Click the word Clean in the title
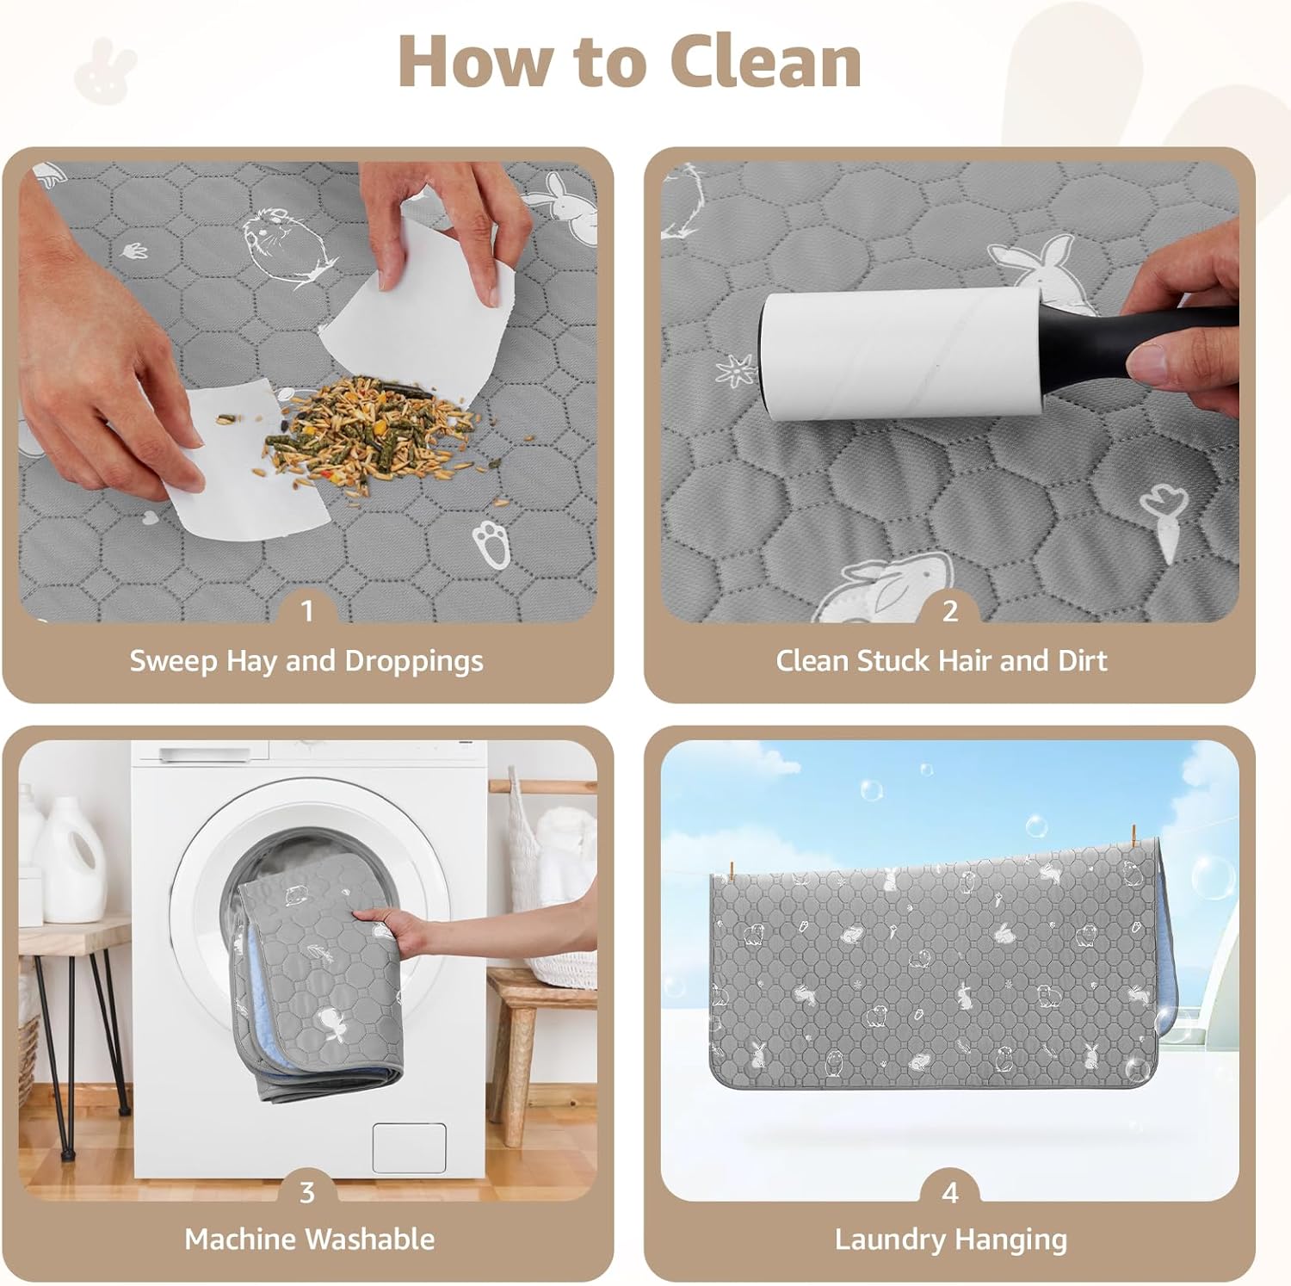(765, 62)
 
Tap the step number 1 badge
(307, 610)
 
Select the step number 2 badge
(950, 610)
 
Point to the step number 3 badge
(307, 1192)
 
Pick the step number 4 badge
(950, 1192)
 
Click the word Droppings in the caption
(414, 662)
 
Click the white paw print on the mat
(490, 543)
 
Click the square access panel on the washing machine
(409, 1147)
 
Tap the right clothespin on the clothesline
(1134, 837)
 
